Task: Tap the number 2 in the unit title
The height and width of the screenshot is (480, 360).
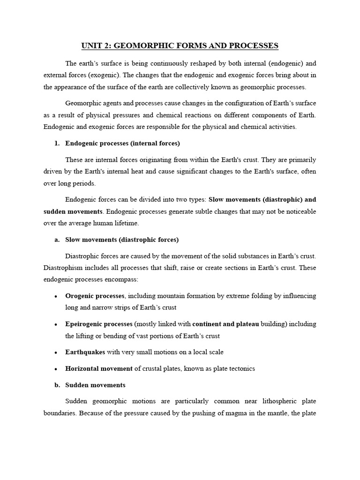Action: point(109,45)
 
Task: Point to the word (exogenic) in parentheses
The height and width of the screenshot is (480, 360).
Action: point(119,75)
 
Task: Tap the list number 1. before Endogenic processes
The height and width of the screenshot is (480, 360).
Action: point(58,143)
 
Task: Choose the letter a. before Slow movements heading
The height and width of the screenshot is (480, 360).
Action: point(57,240)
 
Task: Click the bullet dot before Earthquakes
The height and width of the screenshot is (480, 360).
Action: point(56,352)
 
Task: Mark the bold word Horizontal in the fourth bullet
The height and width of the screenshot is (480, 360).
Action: point(82,368)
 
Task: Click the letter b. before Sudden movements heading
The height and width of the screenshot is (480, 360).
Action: point(57,385)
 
